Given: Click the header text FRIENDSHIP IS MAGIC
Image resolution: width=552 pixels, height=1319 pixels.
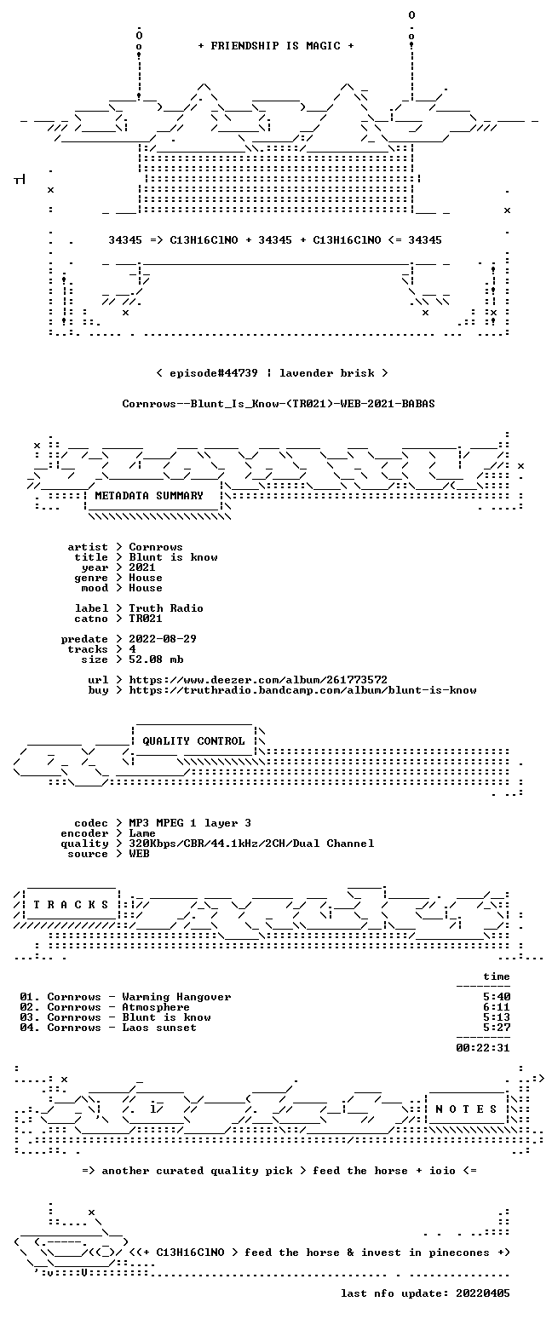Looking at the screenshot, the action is click(x=275, y=46).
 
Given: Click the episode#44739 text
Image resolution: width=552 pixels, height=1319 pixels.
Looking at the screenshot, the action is click(x=214, y=372).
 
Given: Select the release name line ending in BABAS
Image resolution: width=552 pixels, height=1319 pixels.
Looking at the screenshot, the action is click(x=279, y=403).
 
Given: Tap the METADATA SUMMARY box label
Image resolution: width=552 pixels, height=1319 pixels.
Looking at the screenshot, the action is click(x=149, y=496).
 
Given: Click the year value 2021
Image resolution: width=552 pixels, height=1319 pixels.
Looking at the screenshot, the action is click(x=142, y=567).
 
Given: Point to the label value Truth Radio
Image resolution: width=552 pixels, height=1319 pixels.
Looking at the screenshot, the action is click(x=166, y=608).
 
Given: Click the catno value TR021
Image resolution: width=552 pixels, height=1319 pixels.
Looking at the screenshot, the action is click(x=146, y=619).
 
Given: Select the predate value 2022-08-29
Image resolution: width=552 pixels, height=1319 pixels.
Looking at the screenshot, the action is click(x=163, y=639).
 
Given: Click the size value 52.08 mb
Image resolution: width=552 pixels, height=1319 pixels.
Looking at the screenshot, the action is click(x=156, y=659).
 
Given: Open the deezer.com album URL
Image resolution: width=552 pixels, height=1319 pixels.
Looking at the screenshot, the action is click(x=258, y=680).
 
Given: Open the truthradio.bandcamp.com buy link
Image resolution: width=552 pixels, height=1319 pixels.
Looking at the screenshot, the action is click(x=302, y=690).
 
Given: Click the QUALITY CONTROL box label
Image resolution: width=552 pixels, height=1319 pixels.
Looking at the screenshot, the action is click(x=193, y=741).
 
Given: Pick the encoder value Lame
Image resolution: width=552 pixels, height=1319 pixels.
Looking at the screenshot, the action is click(x=142, y=833).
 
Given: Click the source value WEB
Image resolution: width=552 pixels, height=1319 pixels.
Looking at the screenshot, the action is click(x=139, y=854).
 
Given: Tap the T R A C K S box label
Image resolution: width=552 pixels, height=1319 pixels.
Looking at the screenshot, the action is click(x=72, y=904).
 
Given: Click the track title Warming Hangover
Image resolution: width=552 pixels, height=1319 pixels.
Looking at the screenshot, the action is click(x=176, y=997).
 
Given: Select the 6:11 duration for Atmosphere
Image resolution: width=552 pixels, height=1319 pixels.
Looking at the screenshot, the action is click(x=497, y=1007).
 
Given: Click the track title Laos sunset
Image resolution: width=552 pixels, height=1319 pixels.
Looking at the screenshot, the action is click(x=159, y=1028).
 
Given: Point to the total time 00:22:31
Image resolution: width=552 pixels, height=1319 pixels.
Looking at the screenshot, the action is click(x=483, y=1047).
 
